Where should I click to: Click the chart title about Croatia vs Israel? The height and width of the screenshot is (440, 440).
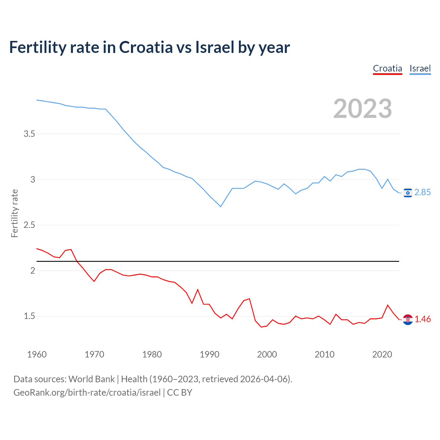click(150, 47)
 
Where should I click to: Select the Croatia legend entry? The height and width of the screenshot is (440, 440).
click(387, 68)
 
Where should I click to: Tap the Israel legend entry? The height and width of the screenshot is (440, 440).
click(420, 68)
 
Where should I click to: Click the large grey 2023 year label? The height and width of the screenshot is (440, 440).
click(363, 109)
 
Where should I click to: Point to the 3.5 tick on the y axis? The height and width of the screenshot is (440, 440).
click(29, 134)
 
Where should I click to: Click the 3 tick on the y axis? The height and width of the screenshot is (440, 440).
click(33, 179)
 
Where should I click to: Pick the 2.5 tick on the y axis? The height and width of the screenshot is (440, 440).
click(29, 225)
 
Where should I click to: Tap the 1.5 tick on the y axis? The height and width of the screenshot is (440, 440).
click(29, 316)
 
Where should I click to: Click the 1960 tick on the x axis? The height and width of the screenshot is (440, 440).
click(37, 354)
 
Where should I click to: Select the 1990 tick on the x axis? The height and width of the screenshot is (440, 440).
click(209, 354)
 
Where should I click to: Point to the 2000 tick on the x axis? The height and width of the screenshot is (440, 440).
click(267, 354)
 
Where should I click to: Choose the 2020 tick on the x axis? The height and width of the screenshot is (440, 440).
click(382, 354)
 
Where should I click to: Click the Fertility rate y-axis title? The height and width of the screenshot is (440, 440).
click(14, 213)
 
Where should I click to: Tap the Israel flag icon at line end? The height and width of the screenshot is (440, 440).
click(408, 193)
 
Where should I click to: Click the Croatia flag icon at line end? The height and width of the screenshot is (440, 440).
click(408, 320)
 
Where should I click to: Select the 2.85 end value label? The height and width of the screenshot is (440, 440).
click(422, 192)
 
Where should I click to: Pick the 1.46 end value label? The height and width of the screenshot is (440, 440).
click(422, 319)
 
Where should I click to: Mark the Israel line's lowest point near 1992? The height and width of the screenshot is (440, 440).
click(221, 207)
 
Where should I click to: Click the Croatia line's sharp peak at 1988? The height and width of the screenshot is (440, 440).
click(198, 289)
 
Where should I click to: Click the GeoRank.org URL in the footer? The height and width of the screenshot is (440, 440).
click(87, 393)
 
